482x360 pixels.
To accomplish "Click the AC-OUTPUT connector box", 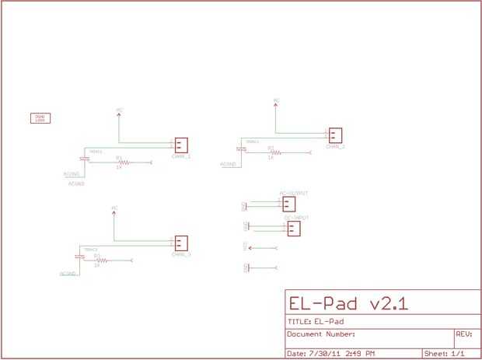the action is point(288,204).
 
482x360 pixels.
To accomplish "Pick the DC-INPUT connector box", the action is point(293,229).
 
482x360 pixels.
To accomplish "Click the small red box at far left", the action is point(40,118).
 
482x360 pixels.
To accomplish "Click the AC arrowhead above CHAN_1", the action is point(119,114).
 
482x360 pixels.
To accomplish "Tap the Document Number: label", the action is point(321,334).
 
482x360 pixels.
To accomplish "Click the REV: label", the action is point(463,334).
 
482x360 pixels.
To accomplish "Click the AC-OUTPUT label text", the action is point(294,192).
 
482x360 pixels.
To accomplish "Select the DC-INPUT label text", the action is point(297,218).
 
